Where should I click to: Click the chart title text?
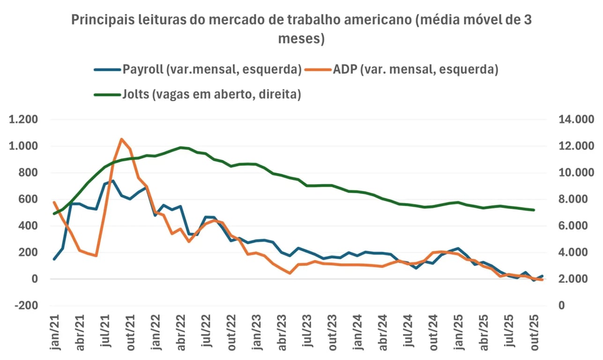302,29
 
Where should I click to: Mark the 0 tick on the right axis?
561,306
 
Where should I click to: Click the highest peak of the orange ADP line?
122,139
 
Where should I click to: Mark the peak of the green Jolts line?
181,148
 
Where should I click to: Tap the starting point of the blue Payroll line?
54,259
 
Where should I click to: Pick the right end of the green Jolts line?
534,210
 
